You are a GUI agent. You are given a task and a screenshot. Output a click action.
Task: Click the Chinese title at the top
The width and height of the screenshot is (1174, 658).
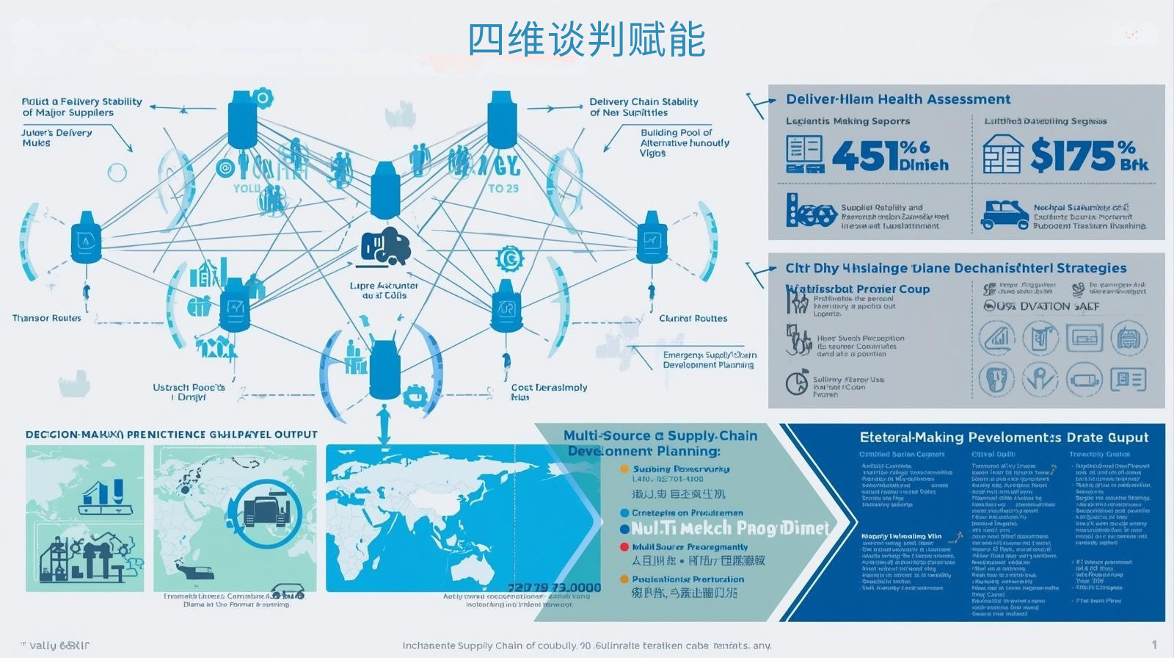pos(586,40)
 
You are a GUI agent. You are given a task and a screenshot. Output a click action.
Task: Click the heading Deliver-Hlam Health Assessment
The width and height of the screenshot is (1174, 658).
pos(897,99)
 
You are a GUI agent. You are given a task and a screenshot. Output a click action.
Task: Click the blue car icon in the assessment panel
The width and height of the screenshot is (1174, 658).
pos(1005,214)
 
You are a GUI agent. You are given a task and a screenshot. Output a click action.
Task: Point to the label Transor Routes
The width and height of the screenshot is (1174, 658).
pos(46,318)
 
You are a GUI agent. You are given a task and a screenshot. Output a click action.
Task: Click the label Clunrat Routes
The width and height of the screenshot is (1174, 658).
pos(693,318)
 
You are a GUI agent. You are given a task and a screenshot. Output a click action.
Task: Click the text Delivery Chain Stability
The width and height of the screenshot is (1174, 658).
pos(643,101)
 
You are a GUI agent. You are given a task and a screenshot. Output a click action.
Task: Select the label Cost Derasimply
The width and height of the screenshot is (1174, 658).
pos(549,387)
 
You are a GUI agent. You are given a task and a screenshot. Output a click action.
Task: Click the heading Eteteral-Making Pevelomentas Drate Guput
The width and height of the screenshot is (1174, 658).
pos(1003,437)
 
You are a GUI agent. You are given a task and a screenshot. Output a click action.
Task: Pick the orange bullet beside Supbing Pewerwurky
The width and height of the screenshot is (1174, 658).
pos(624,469)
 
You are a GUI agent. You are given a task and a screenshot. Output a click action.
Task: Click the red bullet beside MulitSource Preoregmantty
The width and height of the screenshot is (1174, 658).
pos(624,547)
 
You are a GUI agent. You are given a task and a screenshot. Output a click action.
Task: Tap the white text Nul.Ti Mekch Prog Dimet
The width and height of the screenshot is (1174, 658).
pos(729,528)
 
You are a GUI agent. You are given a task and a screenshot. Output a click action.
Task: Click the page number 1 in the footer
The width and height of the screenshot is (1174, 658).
pos(1153,645)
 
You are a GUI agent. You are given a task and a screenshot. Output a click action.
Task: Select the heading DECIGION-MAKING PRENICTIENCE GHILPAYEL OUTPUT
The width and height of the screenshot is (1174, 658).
pos(171,435)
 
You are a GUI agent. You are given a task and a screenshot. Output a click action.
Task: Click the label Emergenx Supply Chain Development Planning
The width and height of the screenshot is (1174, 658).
pos(709,359)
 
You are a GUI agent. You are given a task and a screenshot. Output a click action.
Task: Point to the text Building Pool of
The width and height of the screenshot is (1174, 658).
pos(676,132)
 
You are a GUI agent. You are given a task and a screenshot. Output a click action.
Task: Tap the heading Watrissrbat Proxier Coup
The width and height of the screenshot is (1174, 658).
pos(858,289)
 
